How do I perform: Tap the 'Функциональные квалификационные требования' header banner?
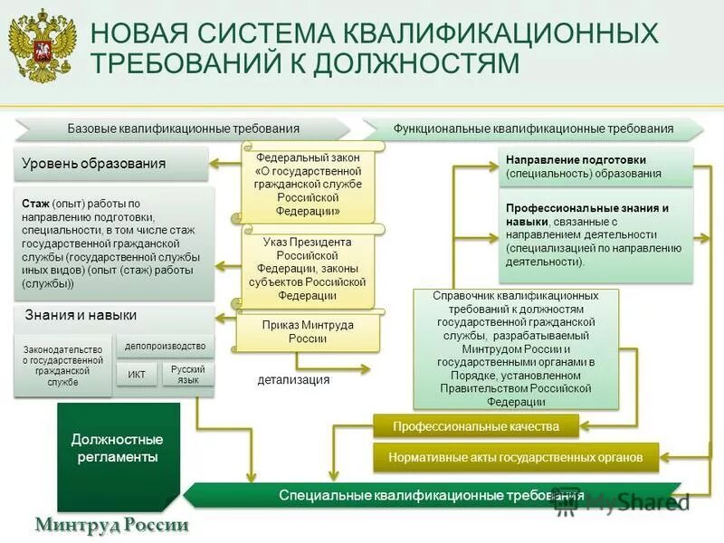(x=533, y=129)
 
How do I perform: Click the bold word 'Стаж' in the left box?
(x=35, y=204)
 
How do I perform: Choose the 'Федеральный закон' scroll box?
(x=309, y=184)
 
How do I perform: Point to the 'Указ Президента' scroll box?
(x=308, y=268)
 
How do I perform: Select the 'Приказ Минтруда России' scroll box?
(x=308, y=331)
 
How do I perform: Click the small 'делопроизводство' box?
(x=165, y=345)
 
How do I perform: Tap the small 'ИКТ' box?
(x=137, y=374)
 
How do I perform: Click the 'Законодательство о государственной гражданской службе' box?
(x=63, y=367)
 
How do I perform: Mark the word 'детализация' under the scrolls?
(x=293, y=380)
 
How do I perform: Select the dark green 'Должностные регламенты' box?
(x=115, y=449)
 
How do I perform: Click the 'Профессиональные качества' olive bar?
(x=475, y=426)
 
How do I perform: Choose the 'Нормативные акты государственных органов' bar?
(x=516, y=458)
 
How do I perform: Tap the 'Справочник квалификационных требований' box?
(x=516, y=348)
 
